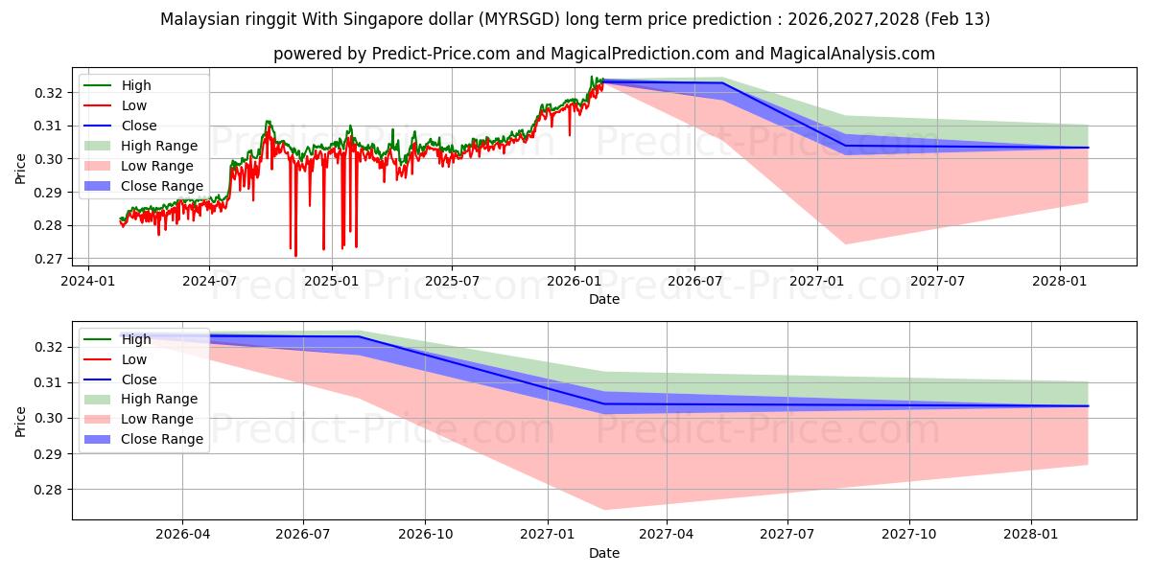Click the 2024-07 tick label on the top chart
209,282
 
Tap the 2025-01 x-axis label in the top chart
331,282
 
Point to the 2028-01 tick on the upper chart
1059,282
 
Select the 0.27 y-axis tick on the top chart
50,260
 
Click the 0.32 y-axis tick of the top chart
50,93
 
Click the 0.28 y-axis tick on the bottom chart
50,490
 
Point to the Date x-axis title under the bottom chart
604,553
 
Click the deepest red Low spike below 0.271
295,256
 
